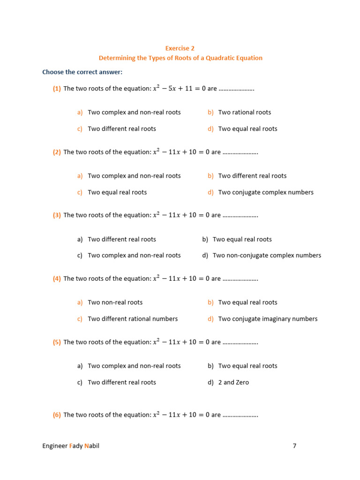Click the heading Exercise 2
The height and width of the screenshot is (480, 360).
pyautogui.click(x=180, y=48)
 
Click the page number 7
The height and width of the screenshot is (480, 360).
pyautogui.click(x=294, y=446)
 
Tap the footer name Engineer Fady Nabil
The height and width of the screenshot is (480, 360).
pyautogui.click(x=71, y=446)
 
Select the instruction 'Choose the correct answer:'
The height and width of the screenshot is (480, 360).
pyautogui.click(x=82, y=72)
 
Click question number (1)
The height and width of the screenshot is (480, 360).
pyautogui.click(x=57, y=89)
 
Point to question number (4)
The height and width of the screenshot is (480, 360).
pyautogui.click(x=57, y=278)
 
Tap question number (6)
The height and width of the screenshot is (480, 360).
pyautogui.click(x=57, y=415)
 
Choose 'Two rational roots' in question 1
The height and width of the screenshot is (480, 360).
pyautogui.click(x=245, y=112)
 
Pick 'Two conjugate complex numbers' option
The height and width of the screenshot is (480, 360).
pyautogui.click(x=266, y=192)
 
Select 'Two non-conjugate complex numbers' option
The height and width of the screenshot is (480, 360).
pyautogui.click(x=267, y=255)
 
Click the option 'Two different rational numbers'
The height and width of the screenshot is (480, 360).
pyautogui.click(x=133, y=319)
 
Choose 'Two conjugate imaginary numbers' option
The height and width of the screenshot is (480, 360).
pyautogui.click(x=268, y=319)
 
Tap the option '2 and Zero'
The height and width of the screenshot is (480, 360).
pyautogui.click(x=233, y=382)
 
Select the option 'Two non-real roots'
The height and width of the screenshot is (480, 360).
pyautogui.click(x=115, y=302)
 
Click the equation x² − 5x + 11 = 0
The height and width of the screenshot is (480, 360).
pyautogui.click(x=180, y=89)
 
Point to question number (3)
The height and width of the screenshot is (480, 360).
pyautogui.click(x=57, y=215)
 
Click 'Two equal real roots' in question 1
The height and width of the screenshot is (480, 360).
pyautogui.click(x=247, y=129)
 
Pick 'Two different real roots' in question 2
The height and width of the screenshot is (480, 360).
pyautogui.click(x=252, y=176)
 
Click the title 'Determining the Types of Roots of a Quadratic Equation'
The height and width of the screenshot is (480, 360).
pyautogui.click(x=180, y=58)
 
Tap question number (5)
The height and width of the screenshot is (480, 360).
pyautogui.click(x=57, y=342)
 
